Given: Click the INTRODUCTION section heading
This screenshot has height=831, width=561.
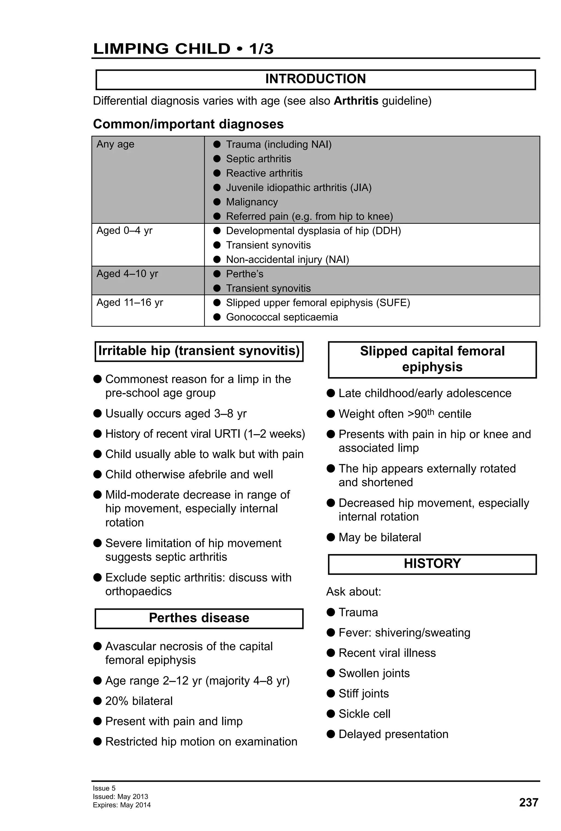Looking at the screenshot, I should click(x=315, y=79).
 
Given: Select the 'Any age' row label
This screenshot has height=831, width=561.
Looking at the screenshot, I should click(x=115, y=144).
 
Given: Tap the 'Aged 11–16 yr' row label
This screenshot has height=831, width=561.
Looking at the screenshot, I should click(x=130, y=302).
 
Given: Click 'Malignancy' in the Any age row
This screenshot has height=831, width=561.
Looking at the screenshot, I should click(x=251, y=202).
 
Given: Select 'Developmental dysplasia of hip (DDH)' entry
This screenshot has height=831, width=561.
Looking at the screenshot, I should click(x=313, y=231).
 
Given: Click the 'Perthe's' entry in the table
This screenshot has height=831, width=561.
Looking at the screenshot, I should click(x=244, y=274).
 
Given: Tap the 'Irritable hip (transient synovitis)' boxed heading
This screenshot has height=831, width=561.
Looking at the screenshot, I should click(x=199, y=351).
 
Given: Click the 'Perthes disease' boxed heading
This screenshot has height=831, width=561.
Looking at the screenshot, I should click(x=199, y=618).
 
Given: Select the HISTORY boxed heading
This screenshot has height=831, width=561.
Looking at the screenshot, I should click(x=432, y=563).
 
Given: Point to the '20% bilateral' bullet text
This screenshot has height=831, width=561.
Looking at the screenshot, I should click(x=139, y=701).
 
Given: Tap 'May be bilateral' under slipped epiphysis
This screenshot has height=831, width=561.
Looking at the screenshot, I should click(x=379, y=537).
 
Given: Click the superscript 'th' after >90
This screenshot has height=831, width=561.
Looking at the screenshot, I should click(x=431, y=412).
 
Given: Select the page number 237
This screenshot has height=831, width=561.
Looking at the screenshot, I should click(x=528, y=803).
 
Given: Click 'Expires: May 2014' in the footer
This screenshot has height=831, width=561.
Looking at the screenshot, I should click(x=122, y=805).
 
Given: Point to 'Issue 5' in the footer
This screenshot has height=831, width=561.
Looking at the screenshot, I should click(x=104, y=788).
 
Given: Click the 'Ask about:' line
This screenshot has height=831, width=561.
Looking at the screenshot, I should click(x=353, y=592).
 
